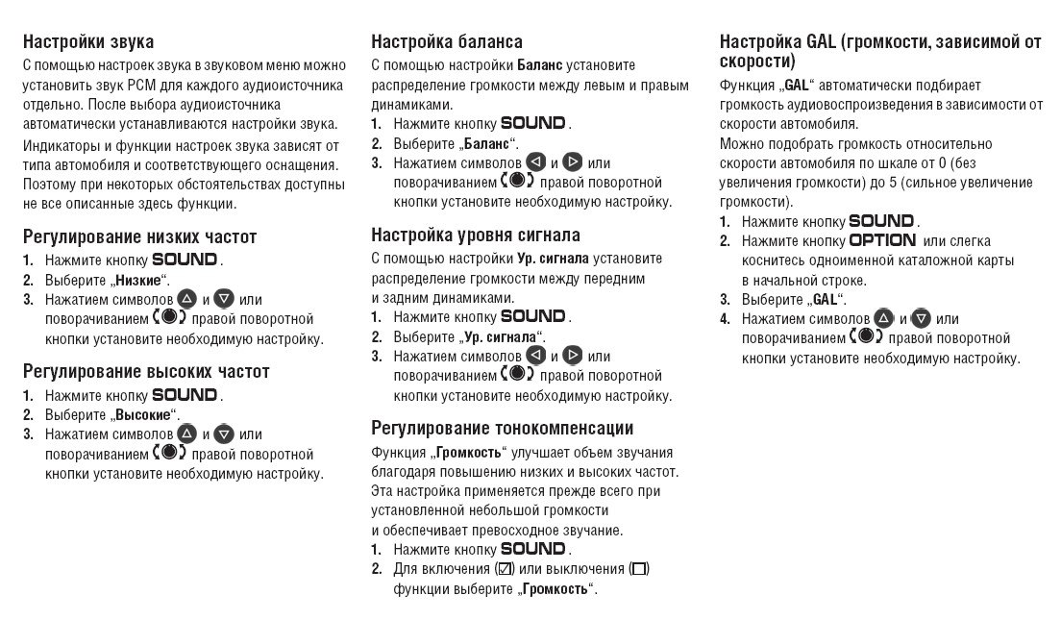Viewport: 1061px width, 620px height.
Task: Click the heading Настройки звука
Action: tap(88, 42)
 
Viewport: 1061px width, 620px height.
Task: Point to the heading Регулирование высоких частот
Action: tap(146, 371)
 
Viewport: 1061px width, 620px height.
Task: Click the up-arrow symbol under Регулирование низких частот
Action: tap(186, 299)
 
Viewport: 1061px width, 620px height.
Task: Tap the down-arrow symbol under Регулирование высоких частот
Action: tap(225, 434)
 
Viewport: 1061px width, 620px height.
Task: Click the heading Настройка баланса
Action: tap(447, 42)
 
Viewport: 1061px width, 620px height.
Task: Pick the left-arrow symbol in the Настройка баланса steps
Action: tap(536, 163)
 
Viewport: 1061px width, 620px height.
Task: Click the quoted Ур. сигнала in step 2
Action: tap(499, 336)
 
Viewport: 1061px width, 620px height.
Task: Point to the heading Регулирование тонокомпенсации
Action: tap(503, 428)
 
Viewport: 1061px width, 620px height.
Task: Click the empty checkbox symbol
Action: tap(639, 569)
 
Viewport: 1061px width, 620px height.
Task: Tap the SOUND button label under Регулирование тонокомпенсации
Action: tap(533, 549)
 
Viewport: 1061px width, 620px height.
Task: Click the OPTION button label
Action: tap(882, 240)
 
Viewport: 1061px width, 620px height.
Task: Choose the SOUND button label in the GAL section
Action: tap(882, 221)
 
